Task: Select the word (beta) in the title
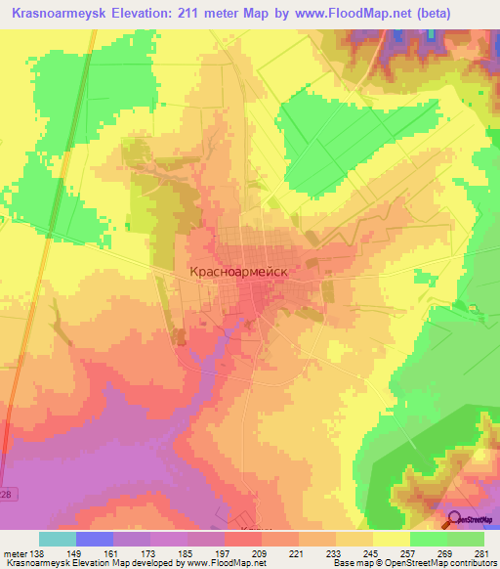pos(464,13)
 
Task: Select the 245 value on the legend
pos(368,553)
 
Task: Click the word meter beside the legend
pos(14,553)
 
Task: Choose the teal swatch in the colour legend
pos(58,539)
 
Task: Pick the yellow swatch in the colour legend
pos(392,539)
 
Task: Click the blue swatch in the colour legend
pos(95,539)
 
